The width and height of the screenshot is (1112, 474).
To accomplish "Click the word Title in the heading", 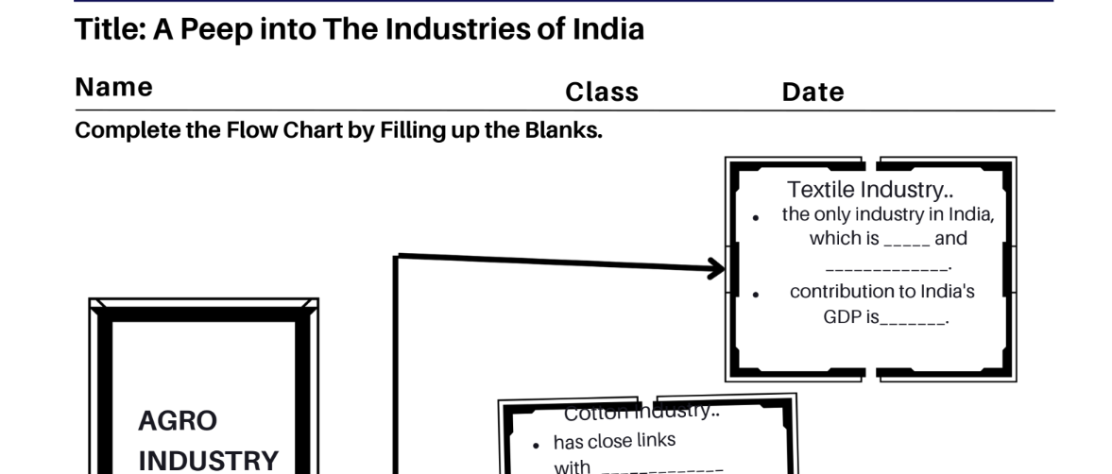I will click(x=107, y=29).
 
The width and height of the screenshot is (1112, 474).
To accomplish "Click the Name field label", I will click(x=113, y=88).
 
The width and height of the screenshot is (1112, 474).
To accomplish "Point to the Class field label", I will click(x=602, y=93).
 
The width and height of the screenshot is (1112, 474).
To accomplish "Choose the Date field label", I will click(x=813, y=93).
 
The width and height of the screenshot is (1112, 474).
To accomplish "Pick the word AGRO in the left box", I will click(x=178, y=420).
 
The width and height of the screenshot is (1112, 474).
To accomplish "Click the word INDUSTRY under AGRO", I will click(x=209, y=461).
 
